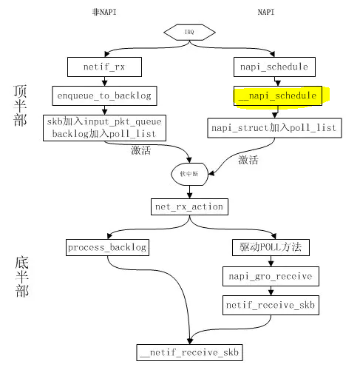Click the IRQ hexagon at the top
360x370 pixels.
[x=190, y=32]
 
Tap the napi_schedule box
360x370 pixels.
[x=274, y=67]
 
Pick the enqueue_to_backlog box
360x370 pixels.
[x=103, y=95]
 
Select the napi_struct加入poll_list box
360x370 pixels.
[x=274, y=127]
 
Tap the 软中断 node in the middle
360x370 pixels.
[x=191, y=173]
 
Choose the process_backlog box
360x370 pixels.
[x=107, y=246]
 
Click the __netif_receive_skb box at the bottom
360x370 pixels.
[x=191, y=351]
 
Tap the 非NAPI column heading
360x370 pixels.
[x=97, y=13]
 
